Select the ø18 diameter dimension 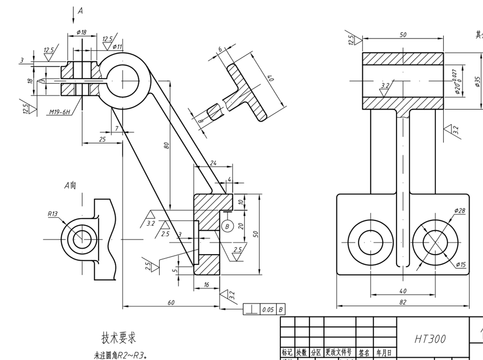[81, 32]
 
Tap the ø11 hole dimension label [117, 47]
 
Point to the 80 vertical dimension [166, 145]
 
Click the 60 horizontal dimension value [171, 302]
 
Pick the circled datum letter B [227, 226]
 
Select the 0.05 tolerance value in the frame [268, 310]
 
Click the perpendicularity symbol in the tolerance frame [252, 310]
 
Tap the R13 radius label [53, 214]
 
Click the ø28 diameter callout [459, 210]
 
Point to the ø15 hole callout [460, 264]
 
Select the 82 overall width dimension [403, 302]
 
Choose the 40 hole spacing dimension [403, 291]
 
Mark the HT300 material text [430, 339]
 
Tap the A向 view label [70, 185]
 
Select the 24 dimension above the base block [213, 163]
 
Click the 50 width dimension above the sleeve [403, 35]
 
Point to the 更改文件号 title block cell [340, 353]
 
